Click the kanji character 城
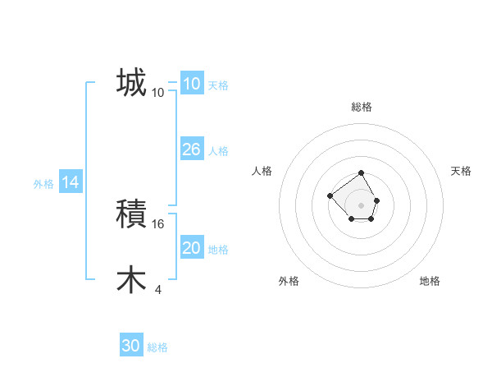[131, 82]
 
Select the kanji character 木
[131, 279]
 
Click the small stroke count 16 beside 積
[159, 223]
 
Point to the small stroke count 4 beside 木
[157, 289]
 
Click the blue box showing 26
[191, 149]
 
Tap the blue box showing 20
[191, 248]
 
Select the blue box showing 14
[71, 183]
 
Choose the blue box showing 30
[131, 346]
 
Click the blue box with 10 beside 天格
[191, 84]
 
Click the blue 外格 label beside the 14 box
[43, 184]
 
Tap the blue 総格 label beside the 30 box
[157, 347]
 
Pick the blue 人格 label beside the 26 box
[218, 151]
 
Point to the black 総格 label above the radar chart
[362, 107]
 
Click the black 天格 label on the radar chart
[461, 171]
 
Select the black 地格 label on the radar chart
[430, 281]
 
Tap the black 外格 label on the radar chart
[289, 281]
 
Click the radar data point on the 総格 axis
[362, 174]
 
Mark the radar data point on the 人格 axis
[330, 195]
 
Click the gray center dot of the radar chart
[362, 205]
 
